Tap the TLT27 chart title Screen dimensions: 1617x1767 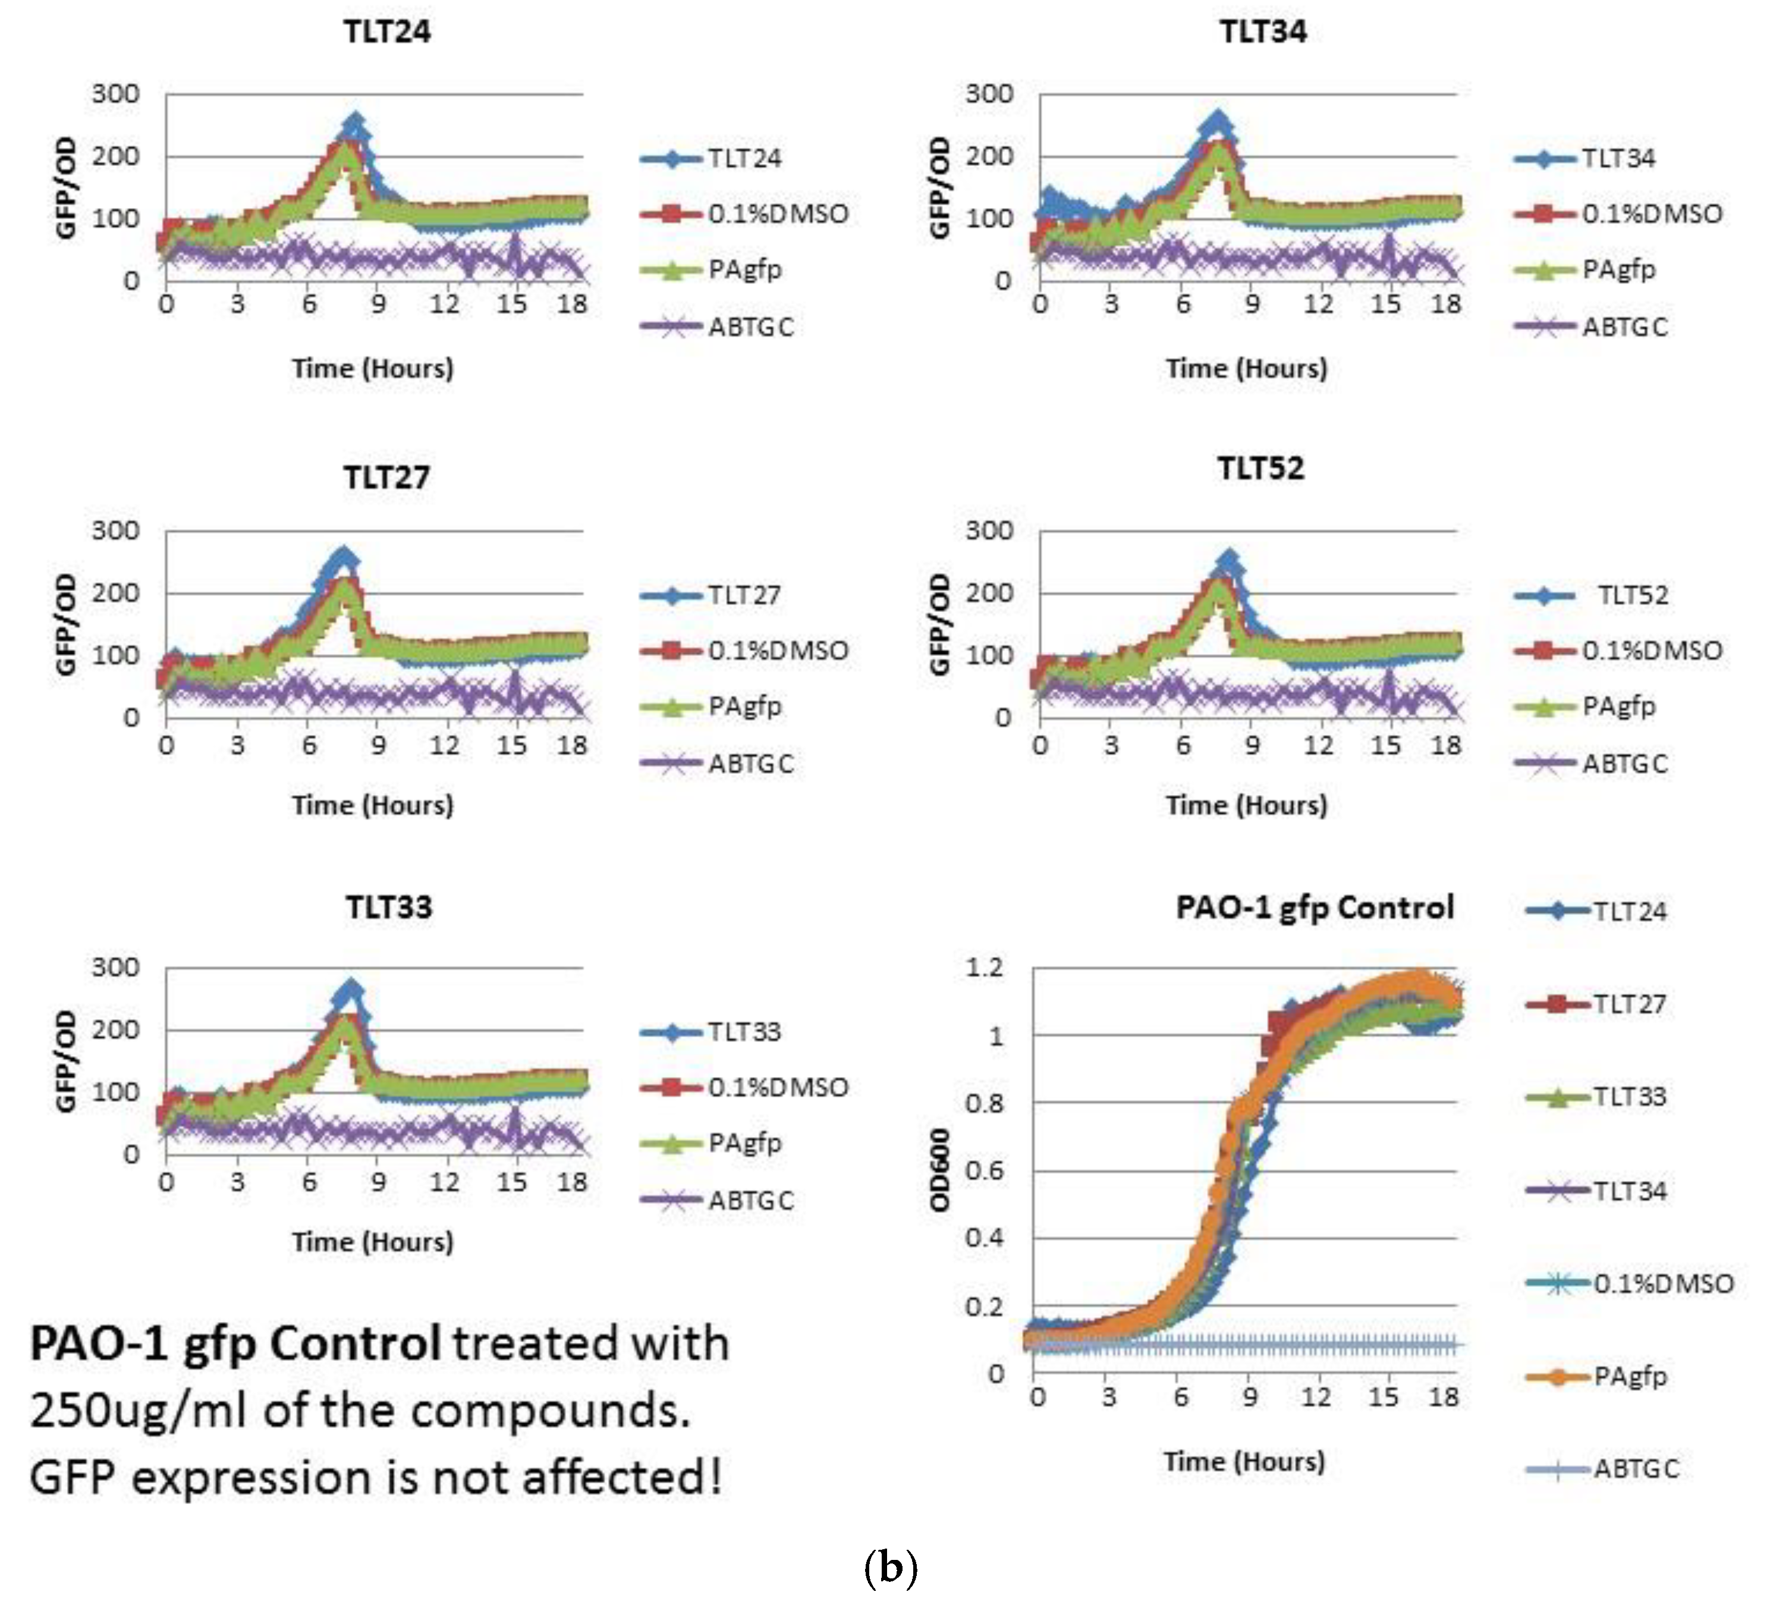(386, 478)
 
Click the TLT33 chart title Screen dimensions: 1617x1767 (388, 908)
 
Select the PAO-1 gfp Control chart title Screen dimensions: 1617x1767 (1314, 908)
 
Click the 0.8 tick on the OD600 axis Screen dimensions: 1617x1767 (983, 1103)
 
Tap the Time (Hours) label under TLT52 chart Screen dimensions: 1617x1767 (1246, 805)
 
